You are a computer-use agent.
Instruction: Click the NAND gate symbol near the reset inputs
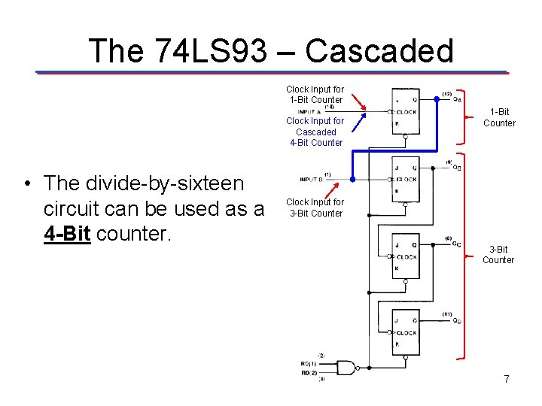point(346,368)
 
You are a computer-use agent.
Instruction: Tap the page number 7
point(507,380)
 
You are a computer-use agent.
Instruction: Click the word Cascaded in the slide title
point(379,51)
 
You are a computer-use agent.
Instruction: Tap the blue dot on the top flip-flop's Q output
point(437,99)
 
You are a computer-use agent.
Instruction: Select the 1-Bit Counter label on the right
point(499,117)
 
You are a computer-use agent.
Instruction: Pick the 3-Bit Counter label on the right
point(498,254)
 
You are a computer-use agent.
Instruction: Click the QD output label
point(458,321)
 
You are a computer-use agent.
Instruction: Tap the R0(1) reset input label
point(308,364)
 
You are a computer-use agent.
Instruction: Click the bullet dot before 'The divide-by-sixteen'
point(26,183)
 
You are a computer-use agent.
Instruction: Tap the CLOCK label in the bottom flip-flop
point(406,333)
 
